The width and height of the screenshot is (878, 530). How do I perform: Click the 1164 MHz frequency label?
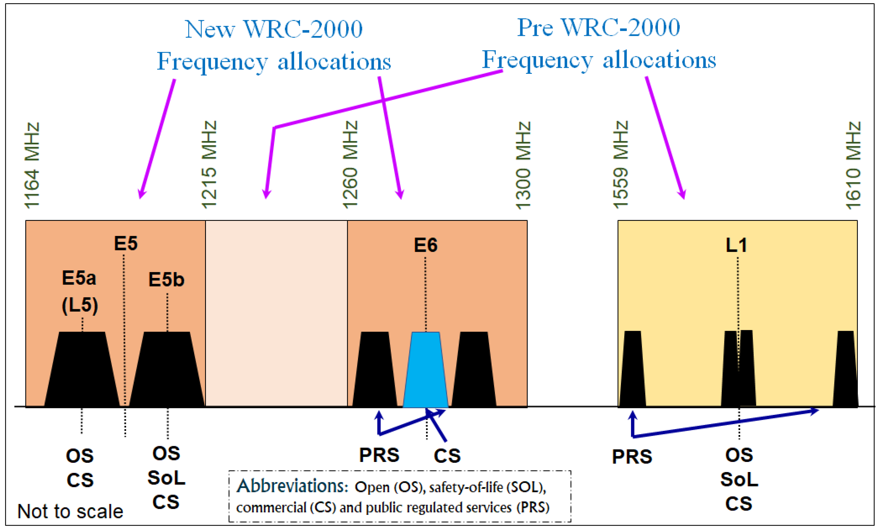pos(32,165)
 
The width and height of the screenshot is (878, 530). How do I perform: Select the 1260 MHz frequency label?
pos(350,165)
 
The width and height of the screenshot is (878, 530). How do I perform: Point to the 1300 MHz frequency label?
pos(523,165)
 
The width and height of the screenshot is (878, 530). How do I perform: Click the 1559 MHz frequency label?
pos(621,165)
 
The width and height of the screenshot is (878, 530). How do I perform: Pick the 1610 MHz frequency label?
pos(853,165)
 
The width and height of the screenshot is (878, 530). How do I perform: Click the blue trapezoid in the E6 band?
pos(425,370)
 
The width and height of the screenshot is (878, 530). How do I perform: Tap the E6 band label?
pos(426,245)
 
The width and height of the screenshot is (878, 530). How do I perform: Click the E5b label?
pos(167,280)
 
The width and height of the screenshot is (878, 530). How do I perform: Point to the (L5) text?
pos(80,305)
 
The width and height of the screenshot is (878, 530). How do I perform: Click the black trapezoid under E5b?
pos(167,370)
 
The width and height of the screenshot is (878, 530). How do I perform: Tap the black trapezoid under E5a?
pos(82,370)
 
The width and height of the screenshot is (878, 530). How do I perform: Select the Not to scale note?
pos(70,511)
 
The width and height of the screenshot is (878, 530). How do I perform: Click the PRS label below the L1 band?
pos(632,457)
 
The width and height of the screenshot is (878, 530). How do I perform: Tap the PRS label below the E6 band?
pos(379,455)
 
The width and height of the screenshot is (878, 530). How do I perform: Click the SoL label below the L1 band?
pos(739,479)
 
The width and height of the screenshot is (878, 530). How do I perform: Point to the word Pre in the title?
pos(535,28)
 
